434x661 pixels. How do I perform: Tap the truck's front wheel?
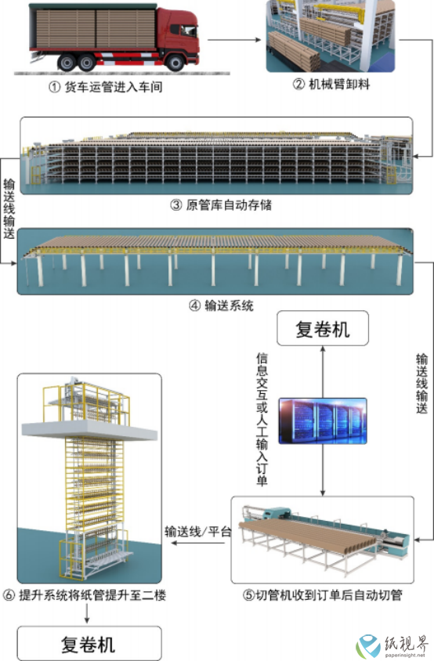[175, 63]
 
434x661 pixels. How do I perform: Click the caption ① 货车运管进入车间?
[106, 87]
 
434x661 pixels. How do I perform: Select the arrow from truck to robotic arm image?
[234, 40]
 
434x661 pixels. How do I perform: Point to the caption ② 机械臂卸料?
[331, 85]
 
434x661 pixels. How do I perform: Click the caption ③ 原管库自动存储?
[221, 205]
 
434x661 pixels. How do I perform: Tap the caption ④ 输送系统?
[221, 305]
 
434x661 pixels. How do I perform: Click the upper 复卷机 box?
[323, 329]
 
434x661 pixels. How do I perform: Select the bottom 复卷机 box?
[89, 644]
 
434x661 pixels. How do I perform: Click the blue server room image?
[323, 421]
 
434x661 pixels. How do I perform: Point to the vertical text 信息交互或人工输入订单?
[262, 420]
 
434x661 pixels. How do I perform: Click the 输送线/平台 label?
[198, 531]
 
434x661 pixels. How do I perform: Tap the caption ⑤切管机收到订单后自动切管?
[322, 595]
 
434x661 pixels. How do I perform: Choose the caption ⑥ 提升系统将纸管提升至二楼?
[85, 595]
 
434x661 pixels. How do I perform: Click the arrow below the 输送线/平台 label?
[198, 543]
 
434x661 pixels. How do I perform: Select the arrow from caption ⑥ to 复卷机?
[87, 613]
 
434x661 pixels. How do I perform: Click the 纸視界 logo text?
[405, 645]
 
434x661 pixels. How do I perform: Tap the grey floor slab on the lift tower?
[89, 429]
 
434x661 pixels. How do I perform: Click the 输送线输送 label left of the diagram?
[9, 208]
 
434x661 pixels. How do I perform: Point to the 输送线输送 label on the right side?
[421, 384]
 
